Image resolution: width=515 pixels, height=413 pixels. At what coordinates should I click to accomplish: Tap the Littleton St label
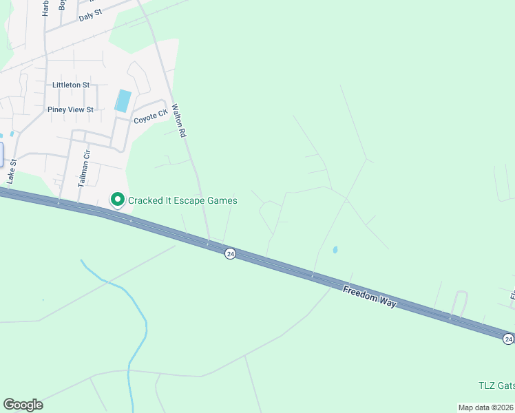click(x=71, y=85)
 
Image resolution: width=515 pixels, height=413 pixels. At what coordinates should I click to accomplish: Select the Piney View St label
click(x=70, y=109)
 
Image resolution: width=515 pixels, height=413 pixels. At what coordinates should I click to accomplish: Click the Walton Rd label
click(x=180, y=121)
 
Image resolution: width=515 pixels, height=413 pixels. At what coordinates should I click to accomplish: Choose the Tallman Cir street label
click(x=83, y=169)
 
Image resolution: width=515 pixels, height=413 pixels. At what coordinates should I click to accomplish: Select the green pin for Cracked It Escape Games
click(x=117, y=200)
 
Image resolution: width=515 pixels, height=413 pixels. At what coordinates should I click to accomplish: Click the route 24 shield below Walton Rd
click(x=230, y=253)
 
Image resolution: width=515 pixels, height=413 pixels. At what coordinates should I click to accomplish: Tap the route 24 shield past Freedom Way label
click(x=507, y=339)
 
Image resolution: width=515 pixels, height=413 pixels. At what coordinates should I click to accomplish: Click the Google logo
click(x=23, y=405)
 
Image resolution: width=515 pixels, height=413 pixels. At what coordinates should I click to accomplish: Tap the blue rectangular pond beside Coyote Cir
click(x=123, y=100)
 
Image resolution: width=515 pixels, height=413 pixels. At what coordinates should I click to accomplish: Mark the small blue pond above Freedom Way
click(x=335, y=250)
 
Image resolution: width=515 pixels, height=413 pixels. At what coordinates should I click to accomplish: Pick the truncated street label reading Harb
click(x=46, y=7)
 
